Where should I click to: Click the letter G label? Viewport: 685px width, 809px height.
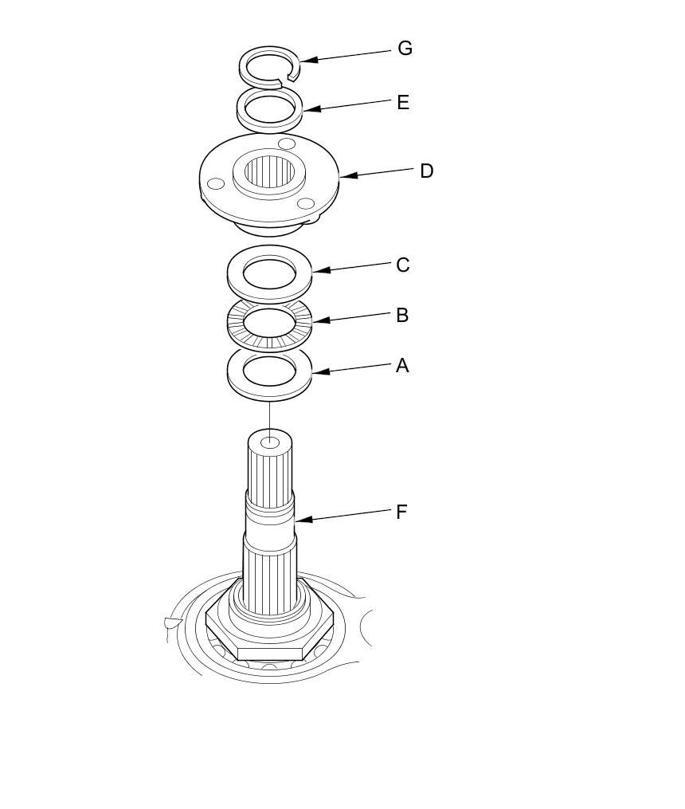405,49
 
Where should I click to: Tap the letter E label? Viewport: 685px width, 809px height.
403,103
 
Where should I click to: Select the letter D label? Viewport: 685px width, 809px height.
426,171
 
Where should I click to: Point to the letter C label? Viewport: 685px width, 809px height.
403,265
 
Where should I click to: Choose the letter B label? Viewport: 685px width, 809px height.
402,316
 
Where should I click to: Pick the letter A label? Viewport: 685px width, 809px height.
402,366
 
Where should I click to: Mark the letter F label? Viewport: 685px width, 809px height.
401,512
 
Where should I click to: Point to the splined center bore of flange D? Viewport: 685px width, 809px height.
269,171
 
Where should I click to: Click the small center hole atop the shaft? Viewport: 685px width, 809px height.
270,441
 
